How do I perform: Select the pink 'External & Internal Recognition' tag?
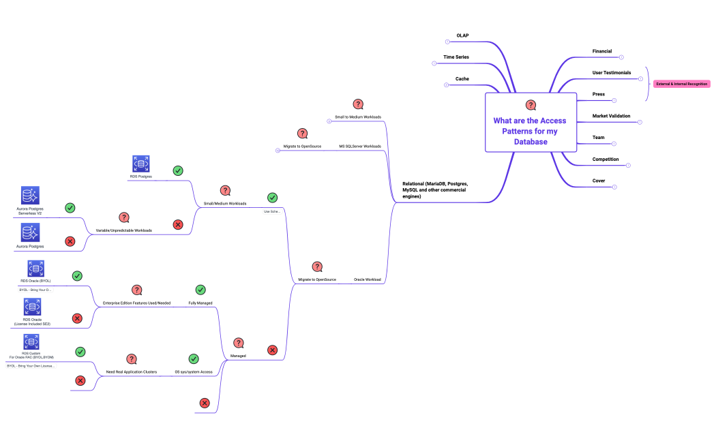pyautogui.click(x=681, y=84)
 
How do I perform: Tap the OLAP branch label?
pyautogui.click(x=462, y=35)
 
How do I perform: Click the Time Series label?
pyautogui.click(x=456, y=57)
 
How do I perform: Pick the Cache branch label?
pyautogui.click(x=462, y=79)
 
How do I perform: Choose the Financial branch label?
pyautogui.click(x=601, y=51)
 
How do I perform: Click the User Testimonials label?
pyautogui.click(x=611, y=72)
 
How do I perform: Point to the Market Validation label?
pyautogui.click(x=611, y=116)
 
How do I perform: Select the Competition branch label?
pyautogui.click(x=605, y=159)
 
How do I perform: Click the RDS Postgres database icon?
pyautogui.click(x=141, y=164)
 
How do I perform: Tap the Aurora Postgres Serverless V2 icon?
pyautogui.click(x=30, y=196)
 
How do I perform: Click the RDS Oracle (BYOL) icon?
pyautogui.click(x=36, y=269)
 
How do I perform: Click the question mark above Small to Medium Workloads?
pyautogui.click(x=358, y=104)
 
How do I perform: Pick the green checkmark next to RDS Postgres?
pyautogui.click(x=178, y=170)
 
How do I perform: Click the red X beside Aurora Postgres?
pyautogui.click(x=70, y=241)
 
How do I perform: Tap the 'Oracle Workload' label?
pyautogui.click(x=367, y=279)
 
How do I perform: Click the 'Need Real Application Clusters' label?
pyautogui.click(x=132, y=372)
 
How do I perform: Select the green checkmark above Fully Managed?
pyautogui.click(x=200, y=290)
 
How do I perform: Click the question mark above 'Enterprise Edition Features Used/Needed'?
pyautogui.click(x=136, y=290)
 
